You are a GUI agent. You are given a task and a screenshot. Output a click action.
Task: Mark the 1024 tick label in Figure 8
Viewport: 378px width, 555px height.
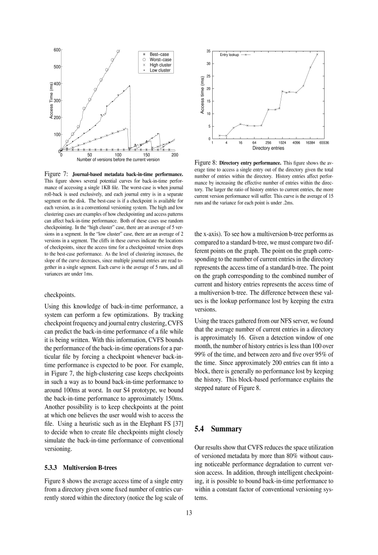click(x=282, y=143)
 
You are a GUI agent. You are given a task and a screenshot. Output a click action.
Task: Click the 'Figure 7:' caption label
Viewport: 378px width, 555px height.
click(x=57, y=174)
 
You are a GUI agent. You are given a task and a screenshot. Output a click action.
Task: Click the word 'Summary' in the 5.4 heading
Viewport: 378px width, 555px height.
click(x=228, y=429)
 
